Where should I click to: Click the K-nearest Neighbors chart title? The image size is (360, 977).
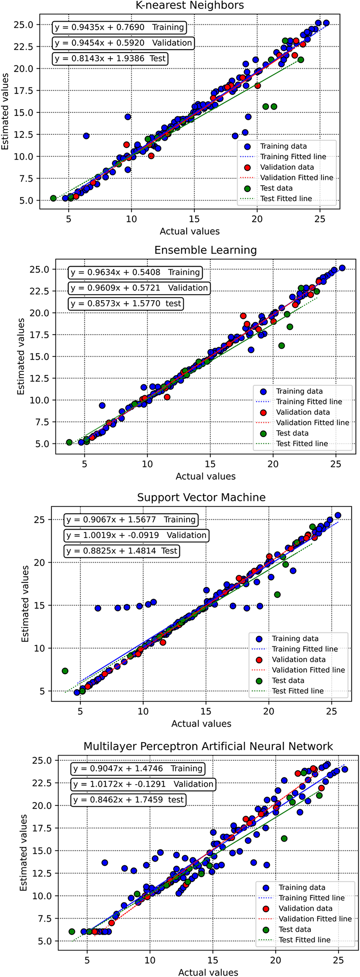(190, 5)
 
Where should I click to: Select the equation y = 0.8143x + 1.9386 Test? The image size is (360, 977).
(110, 58)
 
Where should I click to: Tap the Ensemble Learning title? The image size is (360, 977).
(205, 250)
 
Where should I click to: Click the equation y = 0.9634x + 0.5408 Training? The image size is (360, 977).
(135, 272)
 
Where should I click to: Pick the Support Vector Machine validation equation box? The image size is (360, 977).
(136, 535)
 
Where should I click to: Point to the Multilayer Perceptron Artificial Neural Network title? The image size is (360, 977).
(208, 746)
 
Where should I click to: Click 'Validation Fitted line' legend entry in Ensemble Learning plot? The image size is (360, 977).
(312, 423)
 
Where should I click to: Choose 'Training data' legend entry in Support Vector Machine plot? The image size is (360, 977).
(295, 639)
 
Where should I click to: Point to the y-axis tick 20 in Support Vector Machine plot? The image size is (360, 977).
(40, 563)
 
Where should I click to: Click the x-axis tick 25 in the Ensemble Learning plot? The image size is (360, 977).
(336, 464)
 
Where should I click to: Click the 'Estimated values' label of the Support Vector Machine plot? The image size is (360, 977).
(25, 603)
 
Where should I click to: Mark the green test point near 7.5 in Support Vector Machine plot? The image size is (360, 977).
(65, 671)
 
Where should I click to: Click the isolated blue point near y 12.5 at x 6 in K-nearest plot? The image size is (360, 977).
(86, 136)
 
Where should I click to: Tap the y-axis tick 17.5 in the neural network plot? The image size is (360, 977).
(43, 828)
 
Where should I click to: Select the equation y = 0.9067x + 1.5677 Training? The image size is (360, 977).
(131, 520)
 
